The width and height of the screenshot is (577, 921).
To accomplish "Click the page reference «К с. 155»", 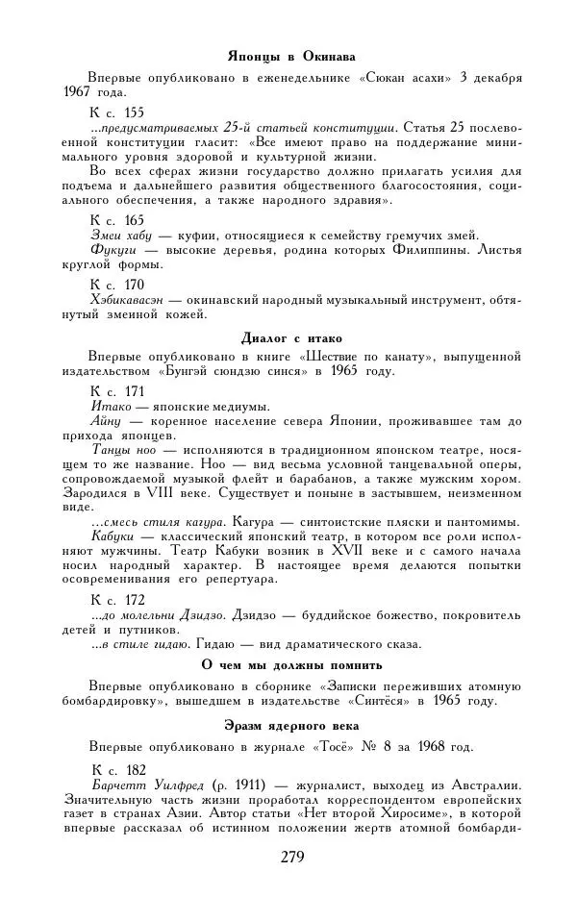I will [x=117, y=112].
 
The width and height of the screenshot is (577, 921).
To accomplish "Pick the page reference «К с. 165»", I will [x=117, y=220].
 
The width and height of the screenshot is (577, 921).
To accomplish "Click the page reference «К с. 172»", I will [x=117, y=599].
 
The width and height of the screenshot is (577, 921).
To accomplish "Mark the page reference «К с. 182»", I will [x=117, y=769].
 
